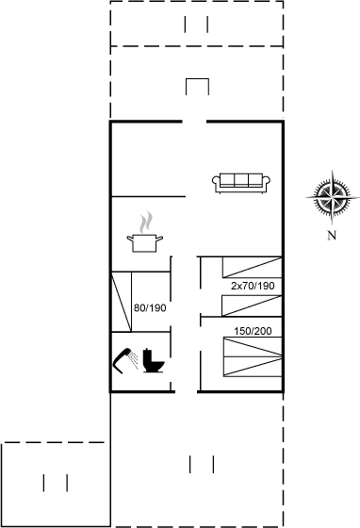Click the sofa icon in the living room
pos(241,183)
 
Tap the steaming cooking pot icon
pos(145,232)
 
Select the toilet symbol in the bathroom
pos(153,360)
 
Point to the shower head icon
pos(125,360)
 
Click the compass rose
pos(333,197)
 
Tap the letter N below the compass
pos(332,235)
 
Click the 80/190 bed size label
pos(150,307)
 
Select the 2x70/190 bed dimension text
pos(253,286)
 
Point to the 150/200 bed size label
pos(253,331)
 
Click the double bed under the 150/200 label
pos(253,356)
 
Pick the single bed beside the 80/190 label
pos(122,302)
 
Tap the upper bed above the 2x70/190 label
pos(252,268)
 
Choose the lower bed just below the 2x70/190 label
pos(252,305)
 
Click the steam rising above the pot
pos(146,223)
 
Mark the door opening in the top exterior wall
pos(194,122)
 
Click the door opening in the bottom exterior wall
pos(186,391)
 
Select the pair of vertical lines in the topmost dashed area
pos(196,25)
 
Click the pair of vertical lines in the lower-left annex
pos(56,483)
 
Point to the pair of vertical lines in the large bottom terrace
pos(202,464)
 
